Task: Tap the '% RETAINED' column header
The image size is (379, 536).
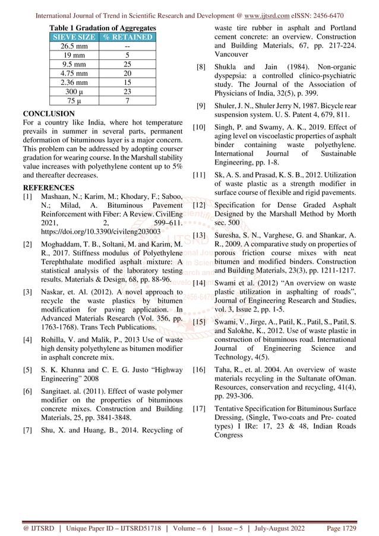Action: [127, 37]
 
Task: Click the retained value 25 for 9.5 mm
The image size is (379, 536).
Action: [127, 65]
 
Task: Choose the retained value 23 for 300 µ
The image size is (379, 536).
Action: [127, 92]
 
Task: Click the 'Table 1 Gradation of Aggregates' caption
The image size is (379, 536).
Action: [103, 28]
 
